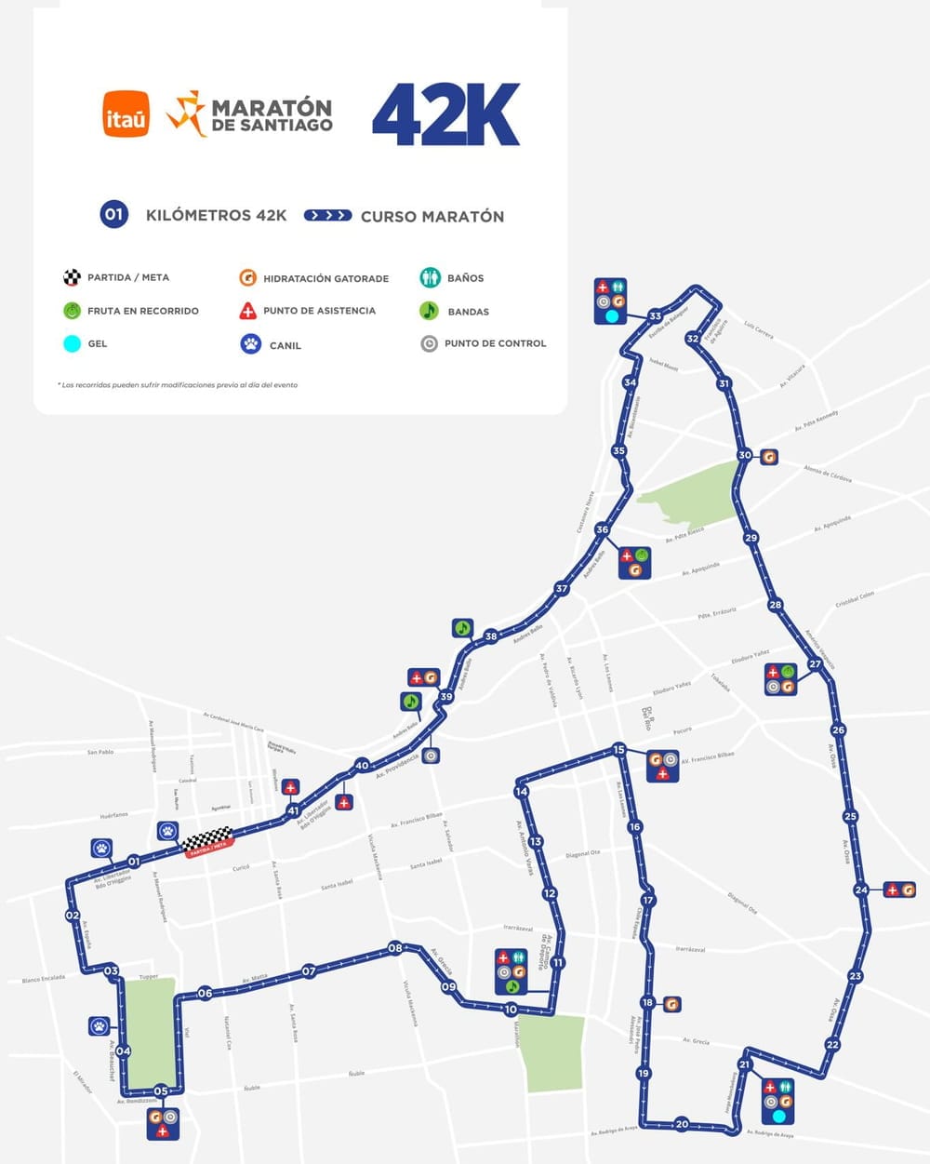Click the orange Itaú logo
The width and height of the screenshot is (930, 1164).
pos(126,114)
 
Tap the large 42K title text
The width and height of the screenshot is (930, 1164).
pos(445,114)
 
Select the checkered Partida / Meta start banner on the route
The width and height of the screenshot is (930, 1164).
pos(207,843)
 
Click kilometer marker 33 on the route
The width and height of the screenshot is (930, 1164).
pos(656,316)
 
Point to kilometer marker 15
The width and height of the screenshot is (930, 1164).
pos(618,750)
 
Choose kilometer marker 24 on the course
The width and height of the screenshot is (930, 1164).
pos(860,890)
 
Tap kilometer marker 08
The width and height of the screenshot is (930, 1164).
pos(395,948)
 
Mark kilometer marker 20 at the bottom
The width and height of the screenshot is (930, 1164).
pos(682,1124)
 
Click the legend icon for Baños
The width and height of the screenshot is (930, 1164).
pos(430,277)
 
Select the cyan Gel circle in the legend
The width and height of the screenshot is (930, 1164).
pos(72,343)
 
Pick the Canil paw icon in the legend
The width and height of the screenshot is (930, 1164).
pos(250,344)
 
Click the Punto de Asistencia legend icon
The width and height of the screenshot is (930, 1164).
pos(247,311)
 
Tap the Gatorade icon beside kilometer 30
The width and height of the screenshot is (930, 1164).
pos(768,457)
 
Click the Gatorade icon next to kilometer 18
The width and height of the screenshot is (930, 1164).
pos(671,1004)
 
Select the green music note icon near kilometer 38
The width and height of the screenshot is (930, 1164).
pos(463,628)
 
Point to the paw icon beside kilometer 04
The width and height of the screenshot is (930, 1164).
pos(100,1026)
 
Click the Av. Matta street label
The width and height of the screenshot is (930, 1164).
pos(255,978)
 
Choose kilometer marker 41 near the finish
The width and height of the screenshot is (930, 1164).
pos(293,810)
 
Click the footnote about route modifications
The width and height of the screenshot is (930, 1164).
pos(178,384)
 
